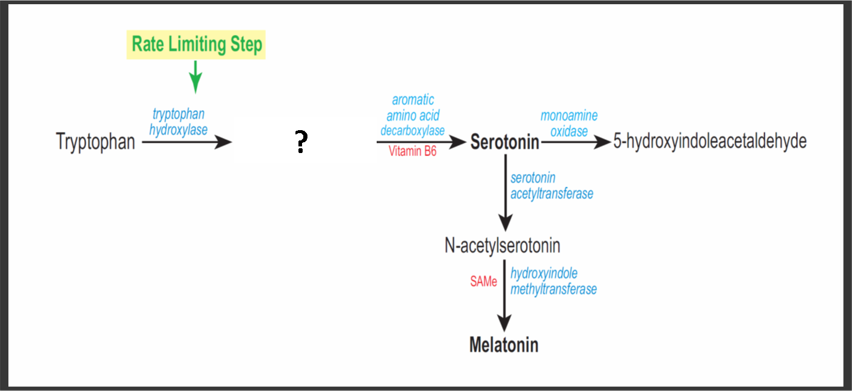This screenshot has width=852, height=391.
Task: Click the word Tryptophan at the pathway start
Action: (95, 142)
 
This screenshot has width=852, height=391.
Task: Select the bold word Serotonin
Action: (504, 142)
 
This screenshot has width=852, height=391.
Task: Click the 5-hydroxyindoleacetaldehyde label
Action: (710, 142)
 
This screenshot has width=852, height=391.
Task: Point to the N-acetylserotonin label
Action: (502, 246)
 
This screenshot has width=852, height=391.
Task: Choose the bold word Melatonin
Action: (504, 345)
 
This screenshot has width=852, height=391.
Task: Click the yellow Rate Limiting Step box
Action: (196, 45)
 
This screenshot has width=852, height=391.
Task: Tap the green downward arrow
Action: (196, 77)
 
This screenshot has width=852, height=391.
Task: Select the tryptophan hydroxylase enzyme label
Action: (179, 122)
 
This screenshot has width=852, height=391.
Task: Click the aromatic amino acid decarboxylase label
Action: (412, 115)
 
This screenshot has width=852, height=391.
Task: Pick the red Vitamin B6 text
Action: (412, 152)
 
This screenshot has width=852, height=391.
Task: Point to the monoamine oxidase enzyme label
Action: (569, 123)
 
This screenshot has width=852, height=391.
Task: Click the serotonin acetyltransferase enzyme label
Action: (551, 186)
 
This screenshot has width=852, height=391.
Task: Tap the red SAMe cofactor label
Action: (484, 281)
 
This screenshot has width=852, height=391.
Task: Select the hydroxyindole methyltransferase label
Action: (553, 281)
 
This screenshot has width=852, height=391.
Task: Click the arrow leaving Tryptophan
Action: (187, 142)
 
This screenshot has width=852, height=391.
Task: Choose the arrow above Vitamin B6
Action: (421, 142)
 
